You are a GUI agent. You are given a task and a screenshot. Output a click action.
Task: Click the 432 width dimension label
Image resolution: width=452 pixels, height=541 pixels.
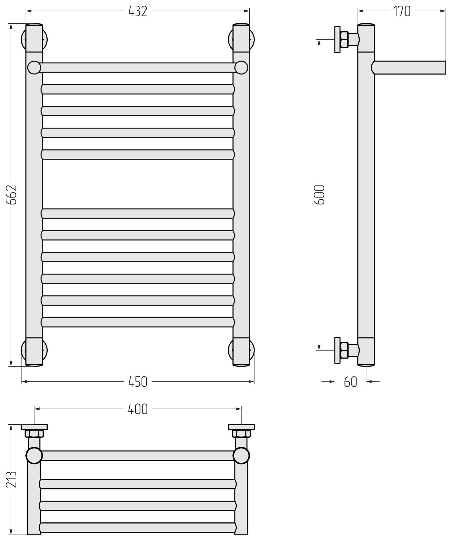[x=138, y=12]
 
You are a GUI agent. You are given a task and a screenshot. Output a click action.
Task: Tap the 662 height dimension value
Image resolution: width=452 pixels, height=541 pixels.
[x=12, y=195]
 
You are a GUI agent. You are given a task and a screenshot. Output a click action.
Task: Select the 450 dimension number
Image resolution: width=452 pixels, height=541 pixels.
[x=138, y=382]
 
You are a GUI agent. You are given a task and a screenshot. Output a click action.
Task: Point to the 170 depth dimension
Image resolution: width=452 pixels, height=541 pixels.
[x=402, y=12]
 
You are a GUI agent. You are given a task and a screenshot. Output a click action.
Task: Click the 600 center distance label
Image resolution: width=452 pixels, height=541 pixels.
[x=319, y=195]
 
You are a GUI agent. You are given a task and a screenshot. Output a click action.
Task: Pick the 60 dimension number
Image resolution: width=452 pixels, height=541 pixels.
[x=351, y=382]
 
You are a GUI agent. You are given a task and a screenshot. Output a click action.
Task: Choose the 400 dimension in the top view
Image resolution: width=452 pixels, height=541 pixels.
[x=138, y=409]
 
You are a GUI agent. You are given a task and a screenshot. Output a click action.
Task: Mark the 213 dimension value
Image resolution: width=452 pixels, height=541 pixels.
[x=12, y=479]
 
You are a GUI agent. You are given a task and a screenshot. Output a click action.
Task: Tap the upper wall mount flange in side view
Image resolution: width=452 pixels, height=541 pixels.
[x=337, y=39]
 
